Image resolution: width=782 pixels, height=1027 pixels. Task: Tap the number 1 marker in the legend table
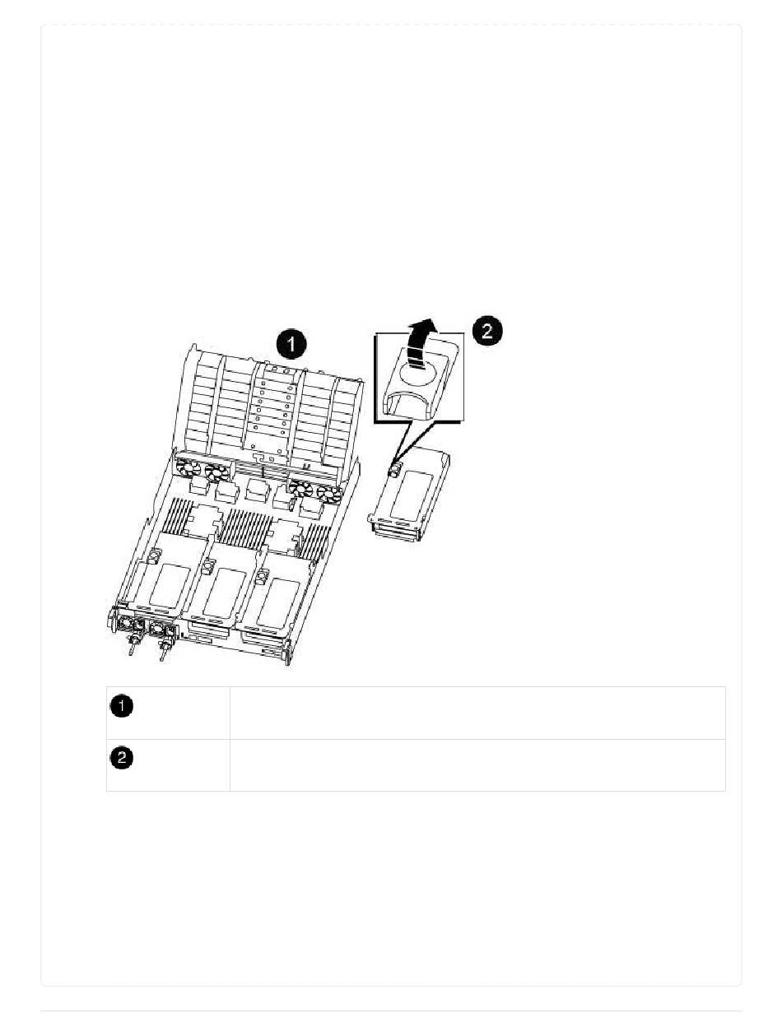(x=121, y=706)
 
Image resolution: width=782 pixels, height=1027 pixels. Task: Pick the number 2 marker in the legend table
(x=121, y=757)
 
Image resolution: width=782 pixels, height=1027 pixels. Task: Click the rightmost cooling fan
(x=329, y=495)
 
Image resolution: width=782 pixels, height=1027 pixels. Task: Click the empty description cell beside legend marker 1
(x=477, y=713)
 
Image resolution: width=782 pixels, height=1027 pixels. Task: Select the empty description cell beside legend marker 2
(x=477, y=764)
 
